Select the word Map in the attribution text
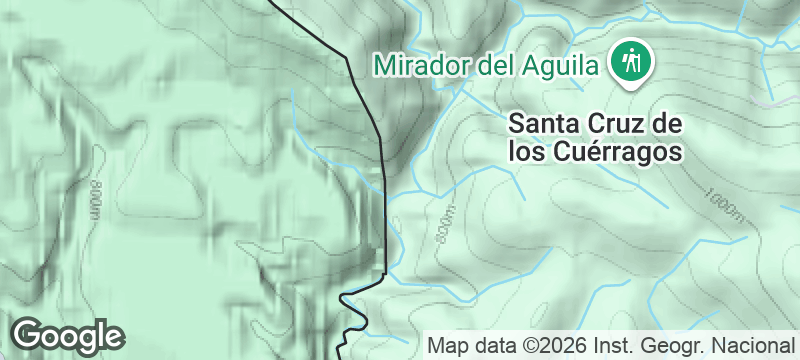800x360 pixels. click(448, 346)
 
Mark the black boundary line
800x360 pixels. click(385, 200)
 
